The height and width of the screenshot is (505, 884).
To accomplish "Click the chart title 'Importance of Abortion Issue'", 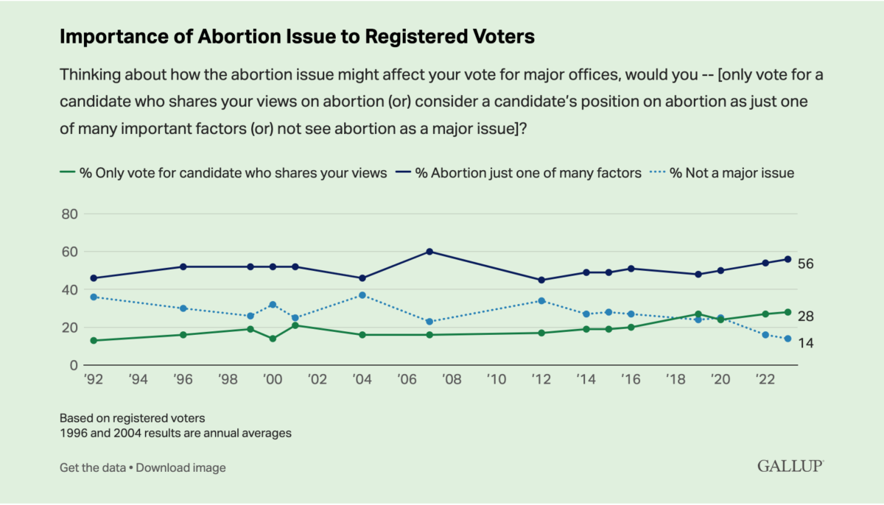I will click(296, 38).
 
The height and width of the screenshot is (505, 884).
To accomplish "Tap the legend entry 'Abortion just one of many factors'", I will click(519, 173).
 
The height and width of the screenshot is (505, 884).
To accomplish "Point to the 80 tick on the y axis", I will click(69, 214).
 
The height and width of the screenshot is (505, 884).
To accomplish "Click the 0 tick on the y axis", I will click(73, 365).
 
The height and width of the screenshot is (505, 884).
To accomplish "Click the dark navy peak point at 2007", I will click(429, 252).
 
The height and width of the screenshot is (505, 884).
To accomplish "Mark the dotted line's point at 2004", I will click(362, 295).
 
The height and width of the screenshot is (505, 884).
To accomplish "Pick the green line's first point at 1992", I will click(93, 340).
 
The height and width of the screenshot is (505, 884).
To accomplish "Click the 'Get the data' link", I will click(92, 467).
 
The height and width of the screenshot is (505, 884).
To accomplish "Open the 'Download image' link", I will click(180, 467).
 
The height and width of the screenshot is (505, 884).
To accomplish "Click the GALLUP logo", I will click(790, 467).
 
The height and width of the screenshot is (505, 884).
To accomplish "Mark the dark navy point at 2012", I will click(541, 280).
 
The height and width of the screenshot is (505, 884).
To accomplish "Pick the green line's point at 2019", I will click(698, 314).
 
